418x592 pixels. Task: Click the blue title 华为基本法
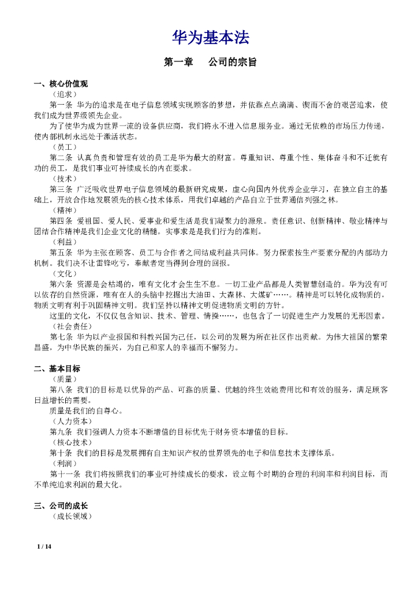pyautogui.click(x=210, y=38)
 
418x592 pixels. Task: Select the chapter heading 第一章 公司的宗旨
pyautogui.click(x=210, y=62)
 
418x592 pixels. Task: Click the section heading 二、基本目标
pyautogui.click(x=57, y=368)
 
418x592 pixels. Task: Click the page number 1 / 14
pyautogui.click(x=44, y=546)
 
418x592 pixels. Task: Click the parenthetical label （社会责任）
pyautogui.click(x=72, y=327)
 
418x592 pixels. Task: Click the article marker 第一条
pyautogui.click(x=61, y=105)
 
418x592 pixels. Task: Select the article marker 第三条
pyautogui.click(x=61, y=189)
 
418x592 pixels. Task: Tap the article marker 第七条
pyautogui.click(x=61, y=337)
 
